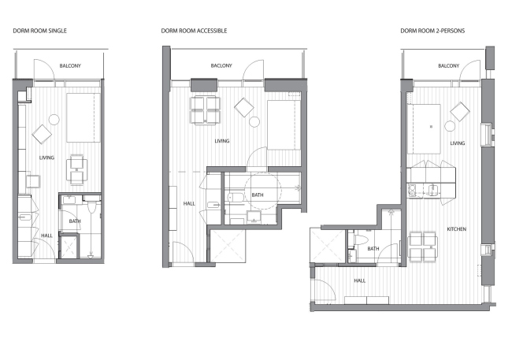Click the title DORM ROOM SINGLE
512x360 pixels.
pos(39,31)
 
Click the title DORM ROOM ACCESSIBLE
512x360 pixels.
pos(194,31)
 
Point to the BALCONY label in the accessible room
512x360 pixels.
pos(221,66)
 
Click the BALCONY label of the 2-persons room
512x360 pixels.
pos(448,66)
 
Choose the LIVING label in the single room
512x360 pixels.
pos(47,158)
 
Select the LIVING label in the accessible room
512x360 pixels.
pos(221,142)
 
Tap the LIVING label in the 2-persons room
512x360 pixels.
pos(457,143)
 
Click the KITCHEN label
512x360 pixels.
pos(457,228)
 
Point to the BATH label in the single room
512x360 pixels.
pos(76,221)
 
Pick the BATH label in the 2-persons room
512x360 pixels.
pos(373,249)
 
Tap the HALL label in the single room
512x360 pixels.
pos(47,235)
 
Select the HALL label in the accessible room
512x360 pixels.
pos(189,203)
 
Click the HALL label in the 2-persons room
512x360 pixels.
pos(360,280)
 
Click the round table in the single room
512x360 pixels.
pos(54,120)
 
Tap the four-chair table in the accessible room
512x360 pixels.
pos(206,110)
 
